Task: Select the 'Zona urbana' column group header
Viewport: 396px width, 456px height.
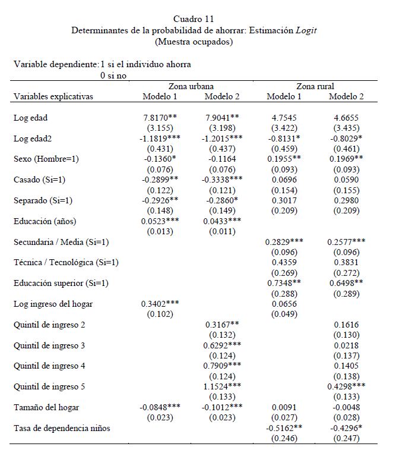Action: pyautogui.click(x=191, y=86)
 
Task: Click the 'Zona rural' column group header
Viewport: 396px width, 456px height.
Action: pyautogui.click(x=315, y=86)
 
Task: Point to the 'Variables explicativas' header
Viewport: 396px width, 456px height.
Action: pyautogui.click(x=53, y=97)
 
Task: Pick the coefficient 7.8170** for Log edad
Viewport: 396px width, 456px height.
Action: pyautogui.click(x=160, y=118)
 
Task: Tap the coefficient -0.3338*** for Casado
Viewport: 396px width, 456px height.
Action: pyautogui.click(x=222, y=180)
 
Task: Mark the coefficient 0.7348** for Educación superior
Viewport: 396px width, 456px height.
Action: pyautogui.click(x=284, y=283)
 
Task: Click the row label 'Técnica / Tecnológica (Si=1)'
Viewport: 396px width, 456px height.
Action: pyautogui.click(x=66, y=262)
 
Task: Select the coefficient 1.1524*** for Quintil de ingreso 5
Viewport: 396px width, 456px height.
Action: pyautogui.click(x=222, y=386)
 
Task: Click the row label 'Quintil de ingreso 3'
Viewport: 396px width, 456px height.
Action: pyautogui.click(x=49, y=345)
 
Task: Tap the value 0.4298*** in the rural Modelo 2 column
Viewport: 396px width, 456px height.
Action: pyautogui.click(x=346, y=386)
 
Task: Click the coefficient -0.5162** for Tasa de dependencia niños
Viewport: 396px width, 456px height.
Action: pyautogui.click(x=284, y=428)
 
